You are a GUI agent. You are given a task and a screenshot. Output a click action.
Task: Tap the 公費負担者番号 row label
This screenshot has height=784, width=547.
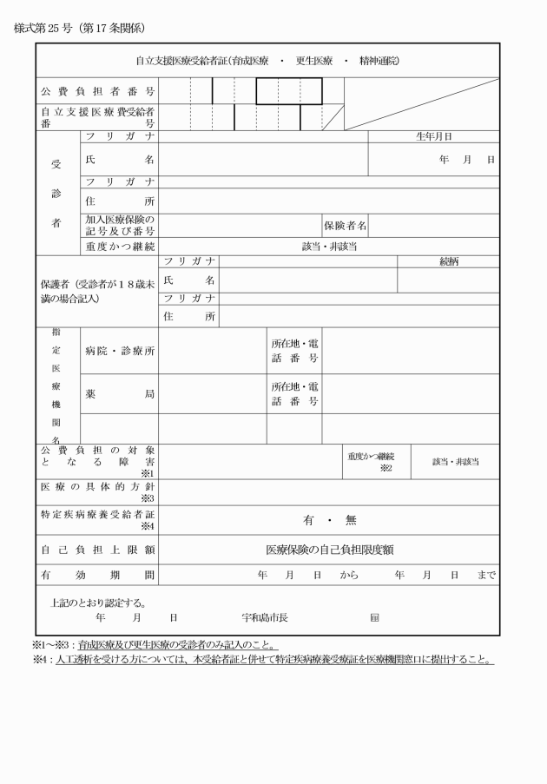pos(97,90)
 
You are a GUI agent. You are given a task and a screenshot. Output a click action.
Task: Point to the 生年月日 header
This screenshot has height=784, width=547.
pos(434,136)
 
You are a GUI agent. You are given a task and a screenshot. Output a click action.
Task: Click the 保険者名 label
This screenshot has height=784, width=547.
pos(345,225)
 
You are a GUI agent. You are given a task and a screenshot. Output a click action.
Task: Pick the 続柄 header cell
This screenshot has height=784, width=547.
pos(449,260)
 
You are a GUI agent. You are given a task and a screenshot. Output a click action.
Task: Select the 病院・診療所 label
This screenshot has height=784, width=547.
pos(120,351)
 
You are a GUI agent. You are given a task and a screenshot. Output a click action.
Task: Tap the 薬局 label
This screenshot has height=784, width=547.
pos(120,393)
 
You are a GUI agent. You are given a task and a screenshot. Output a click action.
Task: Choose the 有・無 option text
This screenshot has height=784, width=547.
pos(329,520)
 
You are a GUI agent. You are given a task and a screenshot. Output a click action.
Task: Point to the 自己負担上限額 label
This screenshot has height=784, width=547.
pos(97,550)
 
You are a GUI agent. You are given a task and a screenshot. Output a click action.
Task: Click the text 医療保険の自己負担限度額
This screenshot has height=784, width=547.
pos(329,550)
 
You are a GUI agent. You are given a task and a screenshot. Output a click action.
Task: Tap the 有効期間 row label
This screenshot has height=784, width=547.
pos(97,575)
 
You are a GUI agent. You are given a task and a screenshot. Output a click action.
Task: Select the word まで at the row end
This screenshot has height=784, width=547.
pos(486,575)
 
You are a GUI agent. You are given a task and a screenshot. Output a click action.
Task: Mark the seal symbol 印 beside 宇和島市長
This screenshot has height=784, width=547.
pos(374,618)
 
